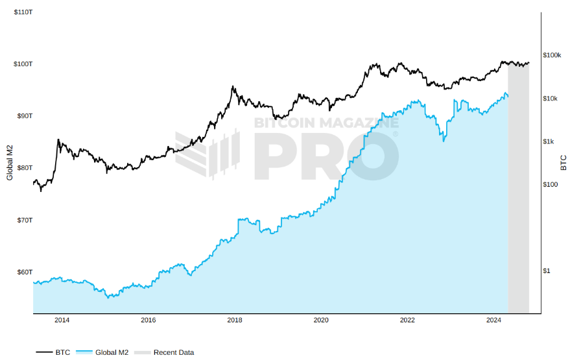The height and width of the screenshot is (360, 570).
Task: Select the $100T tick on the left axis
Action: tap(23, 64)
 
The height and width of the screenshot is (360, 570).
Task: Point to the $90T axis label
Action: tap(24, 115)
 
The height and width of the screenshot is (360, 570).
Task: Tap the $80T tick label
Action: tap(24, 167)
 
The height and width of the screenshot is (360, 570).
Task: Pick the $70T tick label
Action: tap(24, 220)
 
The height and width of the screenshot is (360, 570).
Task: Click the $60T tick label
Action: tap(24, 272)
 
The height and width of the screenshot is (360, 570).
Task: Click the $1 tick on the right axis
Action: tap(546, 270)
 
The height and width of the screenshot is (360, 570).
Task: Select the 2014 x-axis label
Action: tap(62, 320)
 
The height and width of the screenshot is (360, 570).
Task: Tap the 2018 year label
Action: tap(235, 320)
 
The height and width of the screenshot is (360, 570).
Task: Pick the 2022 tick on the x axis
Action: tap(407, 320)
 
